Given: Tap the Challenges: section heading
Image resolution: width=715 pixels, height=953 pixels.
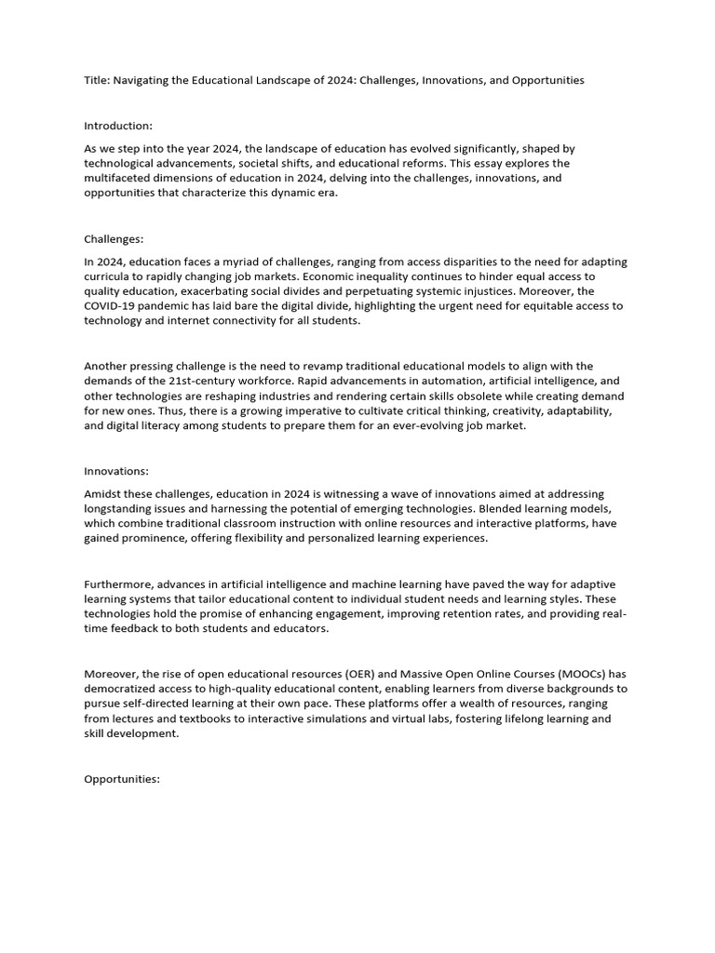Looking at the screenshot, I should tap(114, 240).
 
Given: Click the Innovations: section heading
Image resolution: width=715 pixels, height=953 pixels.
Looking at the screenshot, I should tap(115, 472).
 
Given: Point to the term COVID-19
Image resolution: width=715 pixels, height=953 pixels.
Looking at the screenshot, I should tap(112, 305).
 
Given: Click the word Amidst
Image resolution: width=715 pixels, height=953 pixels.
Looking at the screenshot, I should tap(102, 493).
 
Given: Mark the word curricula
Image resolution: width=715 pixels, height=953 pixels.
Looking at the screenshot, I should tap(106, 275).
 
